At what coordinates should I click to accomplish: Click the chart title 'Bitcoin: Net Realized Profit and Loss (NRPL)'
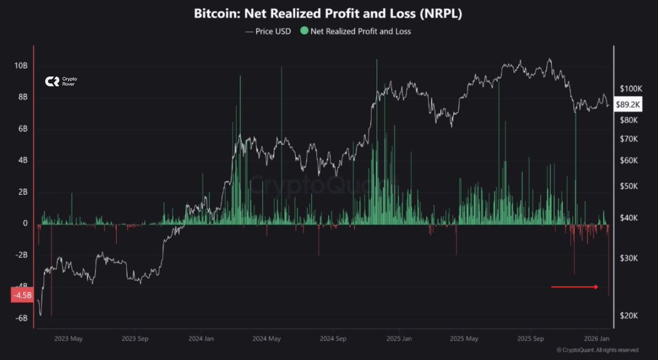tap(328, 14)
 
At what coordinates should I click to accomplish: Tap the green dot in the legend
tap(304, 31)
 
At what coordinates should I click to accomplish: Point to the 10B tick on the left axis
tap(21, 66)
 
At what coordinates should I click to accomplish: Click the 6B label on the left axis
tap(22, 129)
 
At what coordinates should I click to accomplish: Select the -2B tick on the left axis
tap(20, 255)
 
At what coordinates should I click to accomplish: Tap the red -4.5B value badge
tap(22, 295)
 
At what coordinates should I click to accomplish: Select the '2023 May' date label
tap(68, 339)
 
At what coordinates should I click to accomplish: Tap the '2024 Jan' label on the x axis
tap(201, 339)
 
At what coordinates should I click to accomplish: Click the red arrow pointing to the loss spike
tap(575, 287)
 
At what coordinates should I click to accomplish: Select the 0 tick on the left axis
tap(25, 224)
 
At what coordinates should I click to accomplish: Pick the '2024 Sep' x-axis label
tap(334, 339)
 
